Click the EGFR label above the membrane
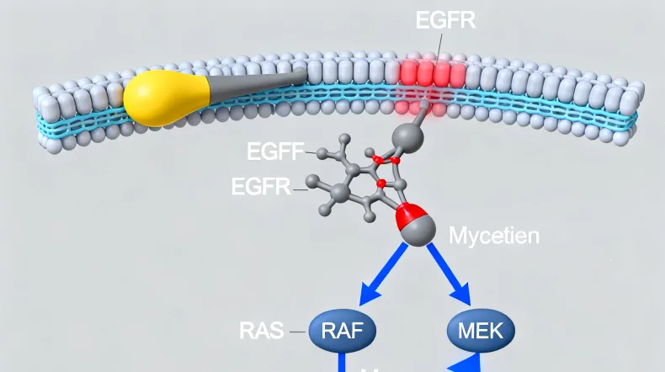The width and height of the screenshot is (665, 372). pos(445,19)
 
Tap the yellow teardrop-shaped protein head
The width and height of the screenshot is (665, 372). pos(160,98)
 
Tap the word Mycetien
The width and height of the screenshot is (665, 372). pos(493,235)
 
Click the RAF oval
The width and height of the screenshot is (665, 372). pos(341,329)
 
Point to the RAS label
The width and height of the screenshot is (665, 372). pos(262,330)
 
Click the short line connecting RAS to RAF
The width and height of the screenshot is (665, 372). pos(297,331)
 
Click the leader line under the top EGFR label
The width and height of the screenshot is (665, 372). pos(440,44)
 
